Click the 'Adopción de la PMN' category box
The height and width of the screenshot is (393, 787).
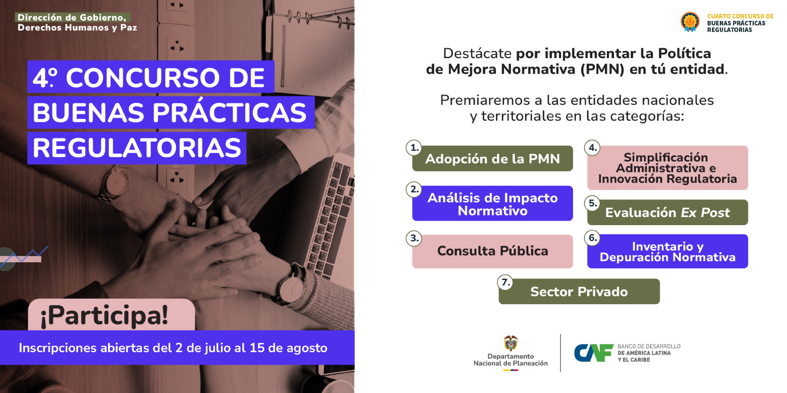492,158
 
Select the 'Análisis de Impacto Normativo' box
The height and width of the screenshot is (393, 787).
492,203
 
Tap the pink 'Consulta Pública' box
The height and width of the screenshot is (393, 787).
492,251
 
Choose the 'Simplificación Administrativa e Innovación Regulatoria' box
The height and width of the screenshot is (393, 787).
667,168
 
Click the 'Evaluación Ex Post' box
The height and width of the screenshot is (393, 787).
667,212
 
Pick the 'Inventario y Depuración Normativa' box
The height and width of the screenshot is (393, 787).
667,251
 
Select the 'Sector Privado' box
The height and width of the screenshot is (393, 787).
579,291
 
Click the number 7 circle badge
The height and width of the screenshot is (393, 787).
505,282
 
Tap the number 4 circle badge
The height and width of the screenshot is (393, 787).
592,147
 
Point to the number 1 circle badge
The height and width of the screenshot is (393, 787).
414,147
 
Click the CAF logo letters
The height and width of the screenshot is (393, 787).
594,353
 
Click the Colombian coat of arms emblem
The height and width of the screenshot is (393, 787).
511,343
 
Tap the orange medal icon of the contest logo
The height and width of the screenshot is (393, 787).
690,22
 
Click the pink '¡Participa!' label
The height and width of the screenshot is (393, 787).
111,315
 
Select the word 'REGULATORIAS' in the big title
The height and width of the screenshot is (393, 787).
137,148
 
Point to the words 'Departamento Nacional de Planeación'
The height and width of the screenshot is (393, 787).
511,360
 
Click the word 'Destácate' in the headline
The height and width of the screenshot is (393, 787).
477,53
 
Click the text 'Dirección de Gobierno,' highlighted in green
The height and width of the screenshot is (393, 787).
72,17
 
